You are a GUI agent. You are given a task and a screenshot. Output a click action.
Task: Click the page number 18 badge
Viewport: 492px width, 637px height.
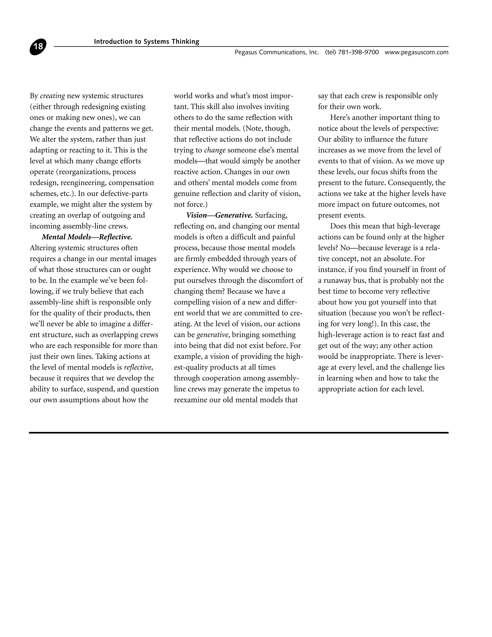point(38,47)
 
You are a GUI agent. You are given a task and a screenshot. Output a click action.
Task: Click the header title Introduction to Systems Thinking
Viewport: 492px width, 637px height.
point(147,42)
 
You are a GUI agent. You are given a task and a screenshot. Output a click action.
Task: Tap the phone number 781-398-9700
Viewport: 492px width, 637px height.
point(358,52)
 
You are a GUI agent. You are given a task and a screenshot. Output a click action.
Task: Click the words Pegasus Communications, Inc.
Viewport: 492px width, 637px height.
point(277,52)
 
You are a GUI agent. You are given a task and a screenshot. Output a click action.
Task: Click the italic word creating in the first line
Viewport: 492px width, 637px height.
point(52,96)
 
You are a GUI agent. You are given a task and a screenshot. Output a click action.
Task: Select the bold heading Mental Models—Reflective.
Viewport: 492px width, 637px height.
point(87,237)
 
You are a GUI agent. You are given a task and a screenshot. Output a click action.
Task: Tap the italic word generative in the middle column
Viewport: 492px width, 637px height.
point(212,335)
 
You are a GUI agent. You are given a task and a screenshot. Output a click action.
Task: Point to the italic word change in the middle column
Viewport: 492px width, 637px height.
point(215,150)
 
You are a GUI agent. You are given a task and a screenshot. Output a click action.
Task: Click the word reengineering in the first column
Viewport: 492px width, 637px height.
point(83,183)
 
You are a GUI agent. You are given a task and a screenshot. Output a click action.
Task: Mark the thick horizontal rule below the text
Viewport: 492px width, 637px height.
point(238,432)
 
